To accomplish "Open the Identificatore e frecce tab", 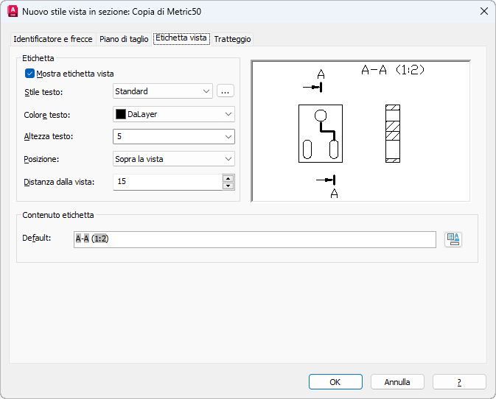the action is [53, 39].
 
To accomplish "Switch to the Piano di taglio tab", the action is [124, 39].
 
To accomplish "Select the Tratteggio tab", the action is [232, 39].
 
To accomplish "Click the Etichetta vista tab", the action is [181, 38].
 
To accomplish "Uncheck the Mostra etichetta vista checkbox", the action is [29, 74].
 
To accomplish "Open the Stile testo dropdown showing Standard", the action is [163, 91].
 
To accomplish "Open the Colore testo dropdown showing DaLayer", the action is [174, 114].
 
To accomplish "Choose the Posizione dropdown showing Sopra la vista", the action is [174, 159].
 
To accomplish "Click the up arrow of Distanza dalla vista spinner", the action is [228, 178].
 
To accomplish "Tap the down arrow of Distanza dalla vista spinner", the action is [228, 186].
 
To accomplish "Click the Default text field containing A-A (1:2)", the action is [255, 239].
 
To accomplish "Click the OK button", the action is [335, 382].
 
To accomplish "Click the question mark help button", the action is [459, 382].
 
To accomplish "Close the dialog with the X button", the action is [484, 11].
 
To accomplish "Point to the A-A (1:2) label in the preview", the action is [393, 69].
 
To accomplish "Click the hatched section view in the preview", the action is [393, 134].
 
